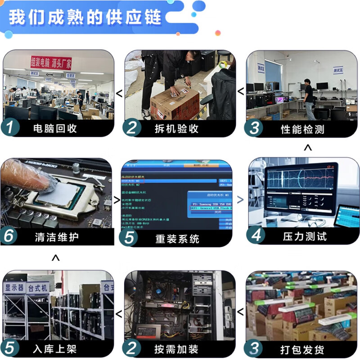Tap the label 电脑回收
[x=55, y=129]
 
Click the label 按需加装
[x=176, y=349]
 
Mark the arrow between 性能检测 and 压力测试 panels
[x=308, y=148]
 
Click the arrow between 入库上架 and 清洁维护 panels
[x=56, y=258]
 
